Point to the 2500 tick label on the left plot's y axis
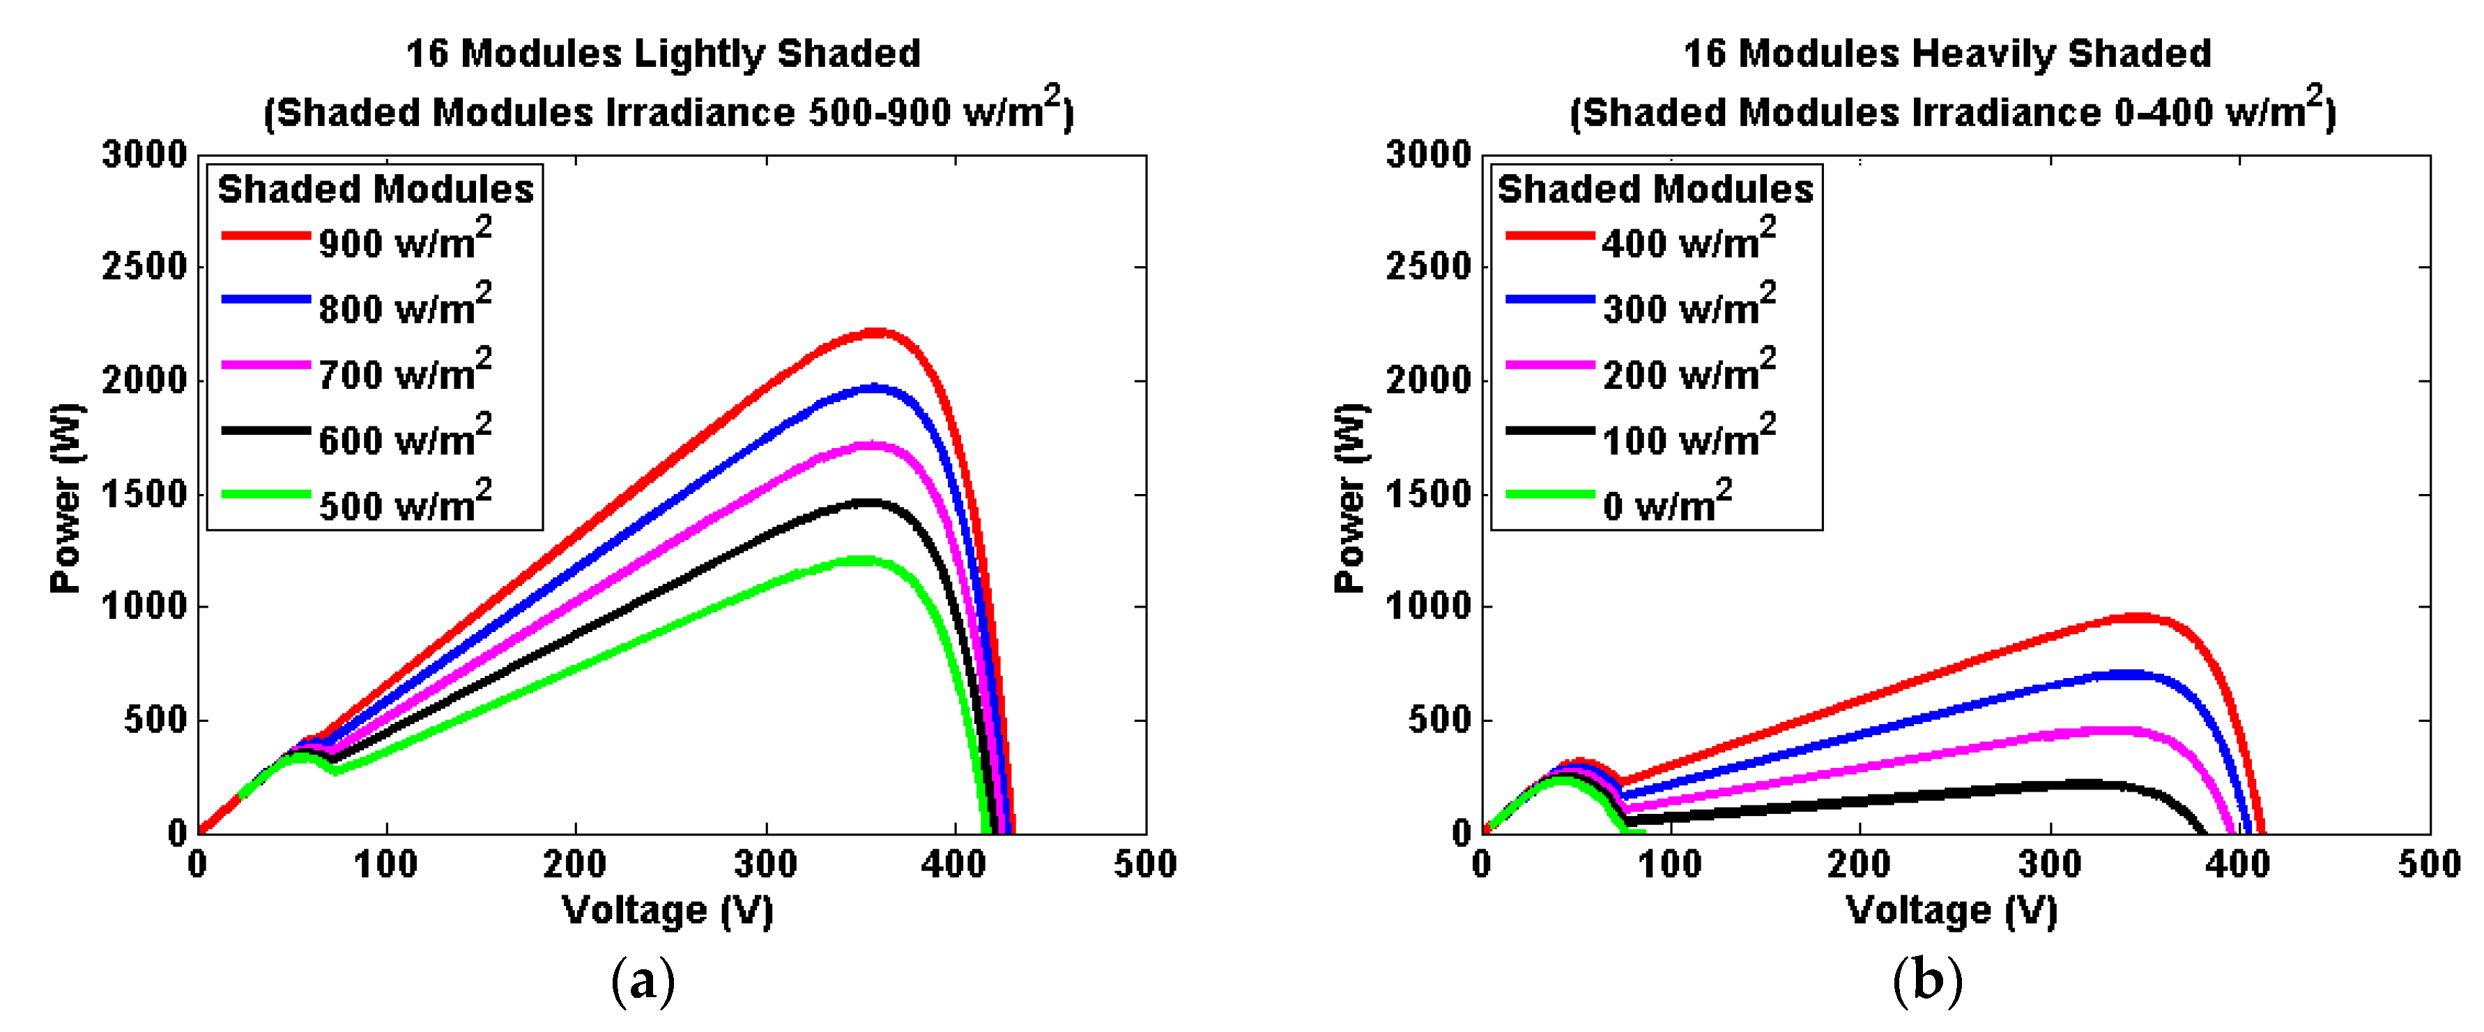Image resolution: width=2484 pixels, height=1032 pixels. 145,266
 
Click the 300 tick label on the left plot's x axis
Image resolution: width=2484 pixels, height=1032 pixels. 766,863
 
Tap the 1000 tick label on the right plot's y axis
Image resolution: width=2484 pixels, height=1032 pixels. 1429,607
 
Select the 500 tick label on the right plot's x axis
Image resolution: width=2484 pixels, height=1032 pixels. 2429,863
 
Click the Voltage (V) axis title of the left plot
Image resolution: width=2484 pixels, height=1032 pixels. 667,909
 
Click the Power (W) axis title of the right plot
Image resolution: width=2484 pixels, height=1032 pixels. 1350,497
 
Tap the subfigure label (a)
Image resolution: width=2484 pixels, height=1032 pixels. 643,981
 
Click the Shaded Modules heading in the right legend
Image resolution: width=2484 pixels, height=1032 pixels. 1655,188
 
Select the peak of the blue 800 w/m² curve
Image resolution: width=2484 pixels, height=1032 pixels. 873,387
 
